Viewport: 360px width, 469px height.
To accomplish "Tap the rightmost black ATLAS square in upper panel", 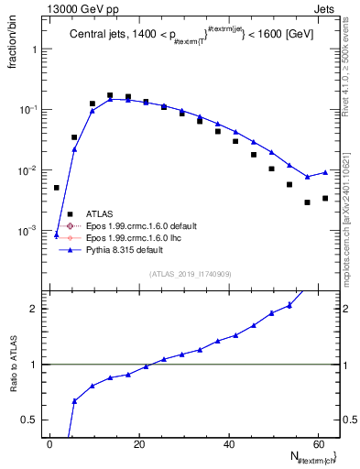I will [x=325, y=198].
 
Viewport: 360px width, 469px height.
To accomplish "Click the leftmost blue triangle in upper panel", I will [x=57, y=235].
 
